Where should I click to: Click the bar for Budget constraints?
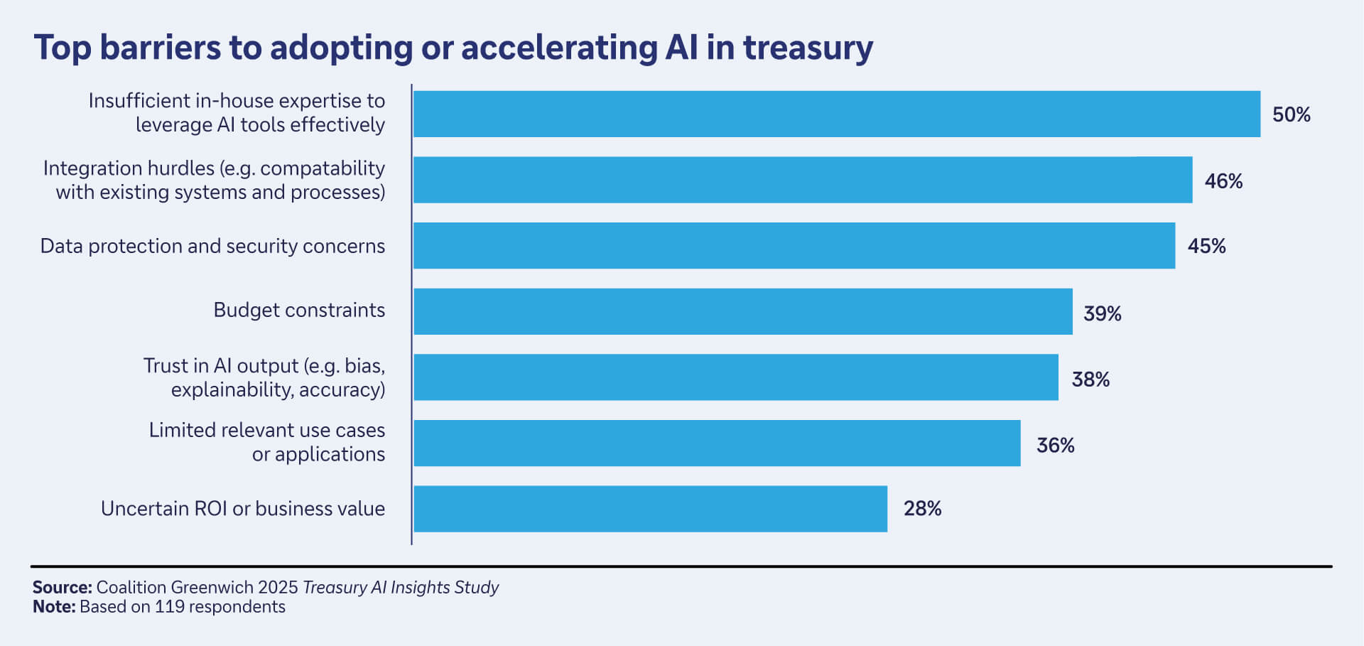click(x=742, y=311)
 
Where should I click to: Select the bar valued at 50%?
click(x=836, y=114)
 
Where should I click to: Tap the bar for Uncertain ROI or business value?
click(x=650, y=509)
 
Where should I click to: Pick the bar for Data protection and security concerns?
click(x=794, y=246)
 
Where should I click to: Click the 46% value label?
click(x=1223, y=181)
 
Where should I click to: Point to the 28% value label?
click(x=922, y=509)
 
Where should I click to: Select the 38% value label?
click(x=1090, y=379)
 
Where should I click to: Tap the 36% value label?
click(x=1055, y=446)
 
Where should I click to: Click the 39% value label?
click(x=1102, y=313)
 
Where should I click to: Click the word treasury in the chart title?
click(x=808, y=48)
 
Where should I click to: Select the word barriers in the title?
click(x=161, y=48)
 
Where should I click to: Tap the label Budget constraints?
click(x=299, y=311)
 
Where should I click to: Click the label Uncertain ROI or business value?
click(x=243, y=509)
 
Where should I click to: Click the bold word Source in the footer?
click(x=61, y=587)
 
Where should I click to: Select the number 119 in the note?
click(x=170, y=607)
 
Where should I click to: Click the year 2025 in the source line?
click(x=278, y=587)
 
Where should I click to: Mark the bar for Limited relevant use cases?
click(x=716, y=443)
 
